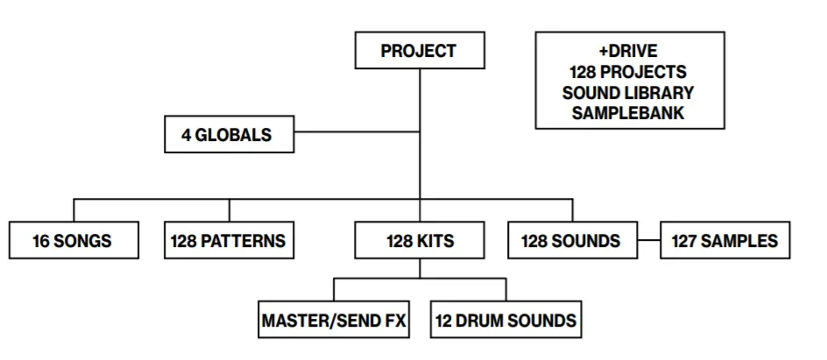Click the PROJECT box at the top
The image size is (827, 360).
pos(419,51)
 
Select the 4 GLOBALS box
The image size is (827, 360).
pos(229,136)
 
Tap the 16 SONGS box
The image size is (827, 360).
pos(74,241)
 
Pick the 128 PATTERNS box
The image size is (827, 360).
pos(229,241)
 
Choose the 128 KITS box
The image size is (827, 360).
pos(420,241)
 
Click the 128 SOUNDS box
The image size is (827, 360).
pos(571,241)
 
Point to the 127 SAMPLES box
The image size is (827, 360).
pos(725,241)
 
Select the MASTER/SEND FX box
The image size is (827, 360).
pos(334,321)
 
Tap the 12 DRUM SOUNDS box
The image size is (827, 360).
pos(505,321)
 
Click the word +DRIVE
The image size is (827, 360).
pos(629,52)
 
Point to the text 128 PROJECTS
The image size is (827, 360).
pos(629,72)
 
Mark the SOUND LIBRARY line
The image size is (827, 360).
pos(629,92)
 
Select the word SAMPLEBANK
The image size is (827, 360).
pos(629,112)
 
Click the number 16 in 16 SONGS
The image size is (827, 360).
pos(41,242)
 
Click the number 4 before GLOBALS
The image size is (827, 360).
pos(186,137)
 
